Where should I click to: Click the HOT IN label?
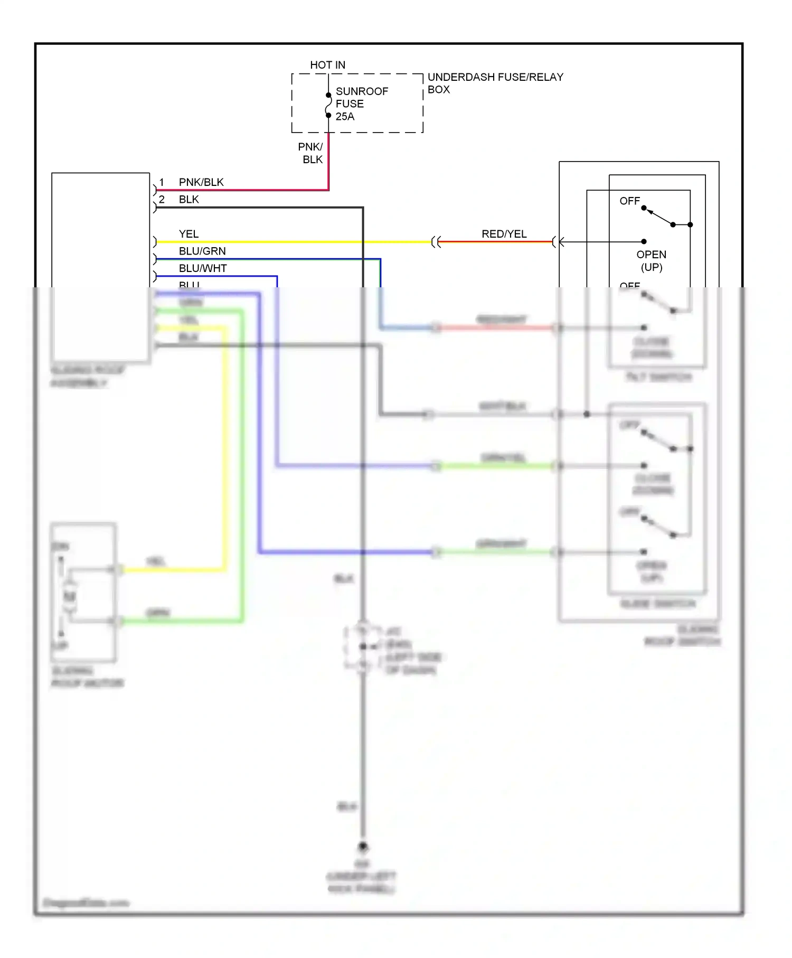pos(327,65)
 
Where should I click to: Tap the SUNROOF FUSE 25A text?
pos(361,104)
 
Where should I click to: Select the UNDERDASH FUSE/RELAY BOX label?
pos(495,83)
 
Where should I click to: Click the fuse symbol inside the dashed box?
pos(328,105)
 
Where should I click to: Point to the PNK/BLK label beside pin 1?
pos(201,182)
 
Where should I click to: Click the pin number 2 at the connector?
pos(162,200)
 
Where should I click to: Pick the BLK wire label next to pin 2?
pos(188,200)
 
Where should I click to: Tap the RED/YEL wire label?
pos(504,234)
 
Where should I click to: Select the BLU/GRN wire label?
pos(202,251)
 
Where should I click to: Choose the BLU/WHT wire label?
pos(203,268)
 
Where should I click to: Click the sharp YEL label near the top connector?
pos(188,234)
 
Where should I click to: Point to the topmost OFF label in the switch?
pos(629,201)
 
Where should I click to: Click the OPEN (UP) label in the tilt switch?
pos(651,261)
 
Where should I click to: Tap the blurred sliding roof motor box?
pos(83,593)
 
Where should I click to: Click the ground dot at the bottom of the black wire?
pos(363,847)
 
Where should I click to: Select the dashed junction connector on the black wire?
pos(363,647)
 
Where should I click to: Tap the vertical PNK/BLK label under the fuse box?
pos(311,153)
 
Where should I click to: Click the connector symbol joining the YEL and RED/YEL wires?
pos(436,242)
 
